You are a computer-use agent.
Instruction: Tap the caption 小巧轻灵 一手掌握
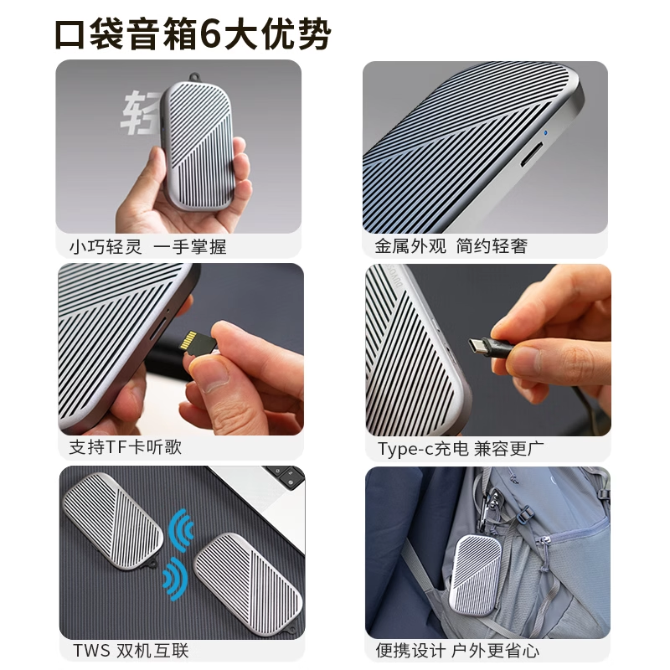tap(148, 247)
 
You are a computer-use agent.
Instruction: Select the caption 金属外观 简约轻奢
tap(451, 247)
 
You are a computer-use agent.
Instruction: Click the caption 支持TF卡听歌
tap(126, 447)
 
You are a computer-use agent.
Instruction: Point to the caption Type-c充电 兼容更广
tap(461, 449)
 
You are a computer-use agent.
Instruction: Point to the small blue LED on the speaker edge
tap(546, 131)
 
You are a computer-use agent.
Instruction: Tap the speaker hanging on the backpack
tap(478, 575)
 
